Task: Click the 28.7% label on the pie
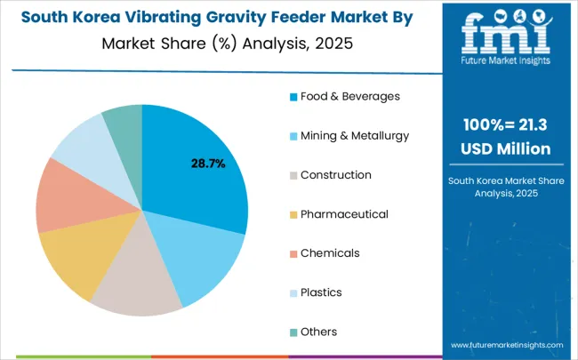click(208, 164)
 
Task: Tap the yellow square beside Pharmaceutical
click(293, 214)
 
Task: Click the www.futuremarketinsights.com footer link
click(507, 343)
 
